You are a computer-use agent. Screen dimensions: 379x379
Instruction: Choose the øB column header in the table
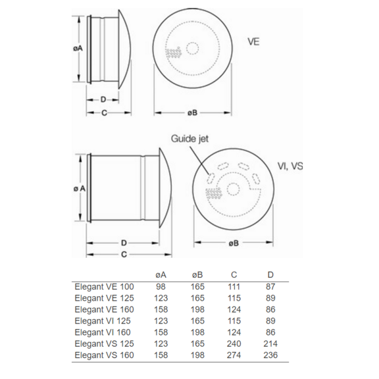pos(197,275)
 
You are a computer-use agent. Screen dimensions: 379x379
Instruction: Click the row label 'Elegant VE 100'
pos(103,286)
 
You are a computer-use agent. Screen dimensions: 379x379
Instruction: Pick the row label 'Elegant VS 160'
pos(103,355)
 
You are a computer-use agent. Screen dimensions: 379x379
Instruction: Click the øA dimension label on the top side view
pos(78,49)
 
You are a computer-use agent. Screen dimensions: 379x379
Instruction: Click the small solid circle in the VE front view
pos(192,48)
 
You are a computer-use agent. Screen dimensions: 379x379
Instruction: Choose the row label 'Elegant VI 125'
pos(103,320)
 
